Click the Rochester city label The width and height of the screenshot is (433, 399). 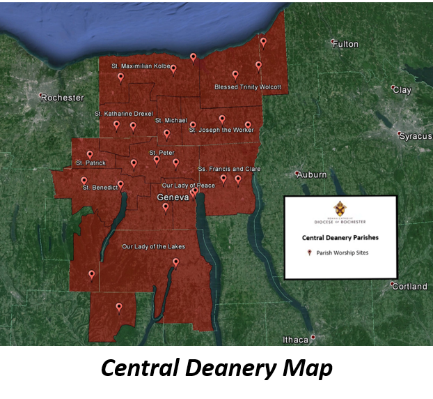point(63,98)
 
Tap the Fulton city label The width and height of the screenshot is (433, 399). point(345,44)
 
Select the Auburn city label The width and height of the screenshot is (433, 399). point(312,174)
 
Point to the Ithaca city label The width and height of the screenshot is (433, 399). point(295,340)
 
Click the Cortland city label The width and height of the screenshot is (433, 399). point(409,286)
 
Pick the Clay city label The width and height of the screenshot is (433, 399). point(402,90)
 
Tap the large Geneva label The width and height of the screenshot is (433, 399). point(173,198)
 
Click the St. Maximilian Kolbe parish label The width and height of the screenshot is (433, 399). point(141,66)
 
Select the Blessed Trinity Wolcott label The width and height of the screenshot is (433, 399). point(248,87)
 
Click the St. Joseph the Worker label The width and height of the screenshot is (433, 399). point(221,130)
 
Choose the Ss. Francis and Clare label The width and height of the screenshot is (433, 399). point(230,169)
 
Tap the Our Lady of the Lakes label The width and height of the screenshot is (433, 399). point(153,247)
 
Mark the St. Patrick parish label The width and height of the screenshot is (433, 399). point(90,163)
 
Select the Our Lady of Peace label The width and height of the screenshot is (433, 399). point(188,186)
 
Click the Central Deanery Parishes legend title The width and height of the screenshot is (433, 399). point(340,238)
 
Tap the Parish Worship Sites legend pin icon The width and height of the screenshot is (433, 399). point(309,253)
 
